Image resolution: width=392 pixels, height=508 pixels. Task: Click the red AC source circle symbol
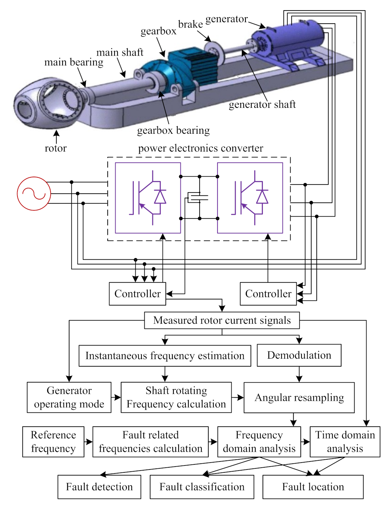click(34, 194)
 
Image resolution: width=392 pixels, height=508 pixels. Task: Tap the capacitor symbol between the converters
click(198, 198)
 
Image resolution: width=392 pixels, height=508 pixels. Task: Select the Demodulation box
click(299, 355)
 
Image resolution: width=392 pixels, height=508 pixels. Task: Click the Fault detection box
click(99, 487)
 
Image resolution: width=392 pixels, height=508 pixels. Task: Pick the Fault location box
click(313, 487)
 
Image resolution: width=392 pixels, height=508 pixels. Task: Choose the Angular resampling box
click(299, 398)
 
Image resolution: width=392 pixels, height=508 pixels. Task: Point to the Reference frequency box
click(53, 442)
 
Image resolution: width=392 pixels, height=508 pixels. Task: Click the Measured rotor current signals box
click(222, 320)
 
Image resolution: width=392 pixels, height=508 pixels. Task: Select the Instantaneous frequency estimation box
click(165, 356)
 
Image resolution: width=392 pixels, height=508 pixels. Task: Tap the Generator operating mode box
click(69, 398)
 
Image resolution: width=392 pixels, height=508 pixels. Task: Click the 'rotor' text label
click(56, 148)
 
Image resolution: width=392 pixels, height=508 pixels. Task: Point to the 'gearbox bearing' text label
click(173, 130)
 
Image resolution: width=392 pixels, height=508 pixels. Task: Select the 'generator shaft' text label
click(262, 105)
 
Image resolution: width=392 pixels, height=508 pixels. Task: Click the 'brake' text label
click(191, 24)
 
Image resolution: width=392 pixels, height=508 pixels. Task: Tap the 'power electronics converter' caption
click(200, 148)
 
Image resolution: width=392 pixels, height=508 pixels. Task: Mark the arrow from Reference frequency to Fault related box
click(88, 442)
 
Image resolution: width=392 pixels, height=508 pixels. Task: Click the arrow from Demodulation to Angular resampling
click(299, 374)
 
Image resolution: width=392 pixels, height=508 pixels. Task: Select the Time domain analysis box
click(345, 442)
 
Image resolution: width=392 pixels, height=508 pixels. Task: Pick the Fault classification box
click(202, 487)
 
